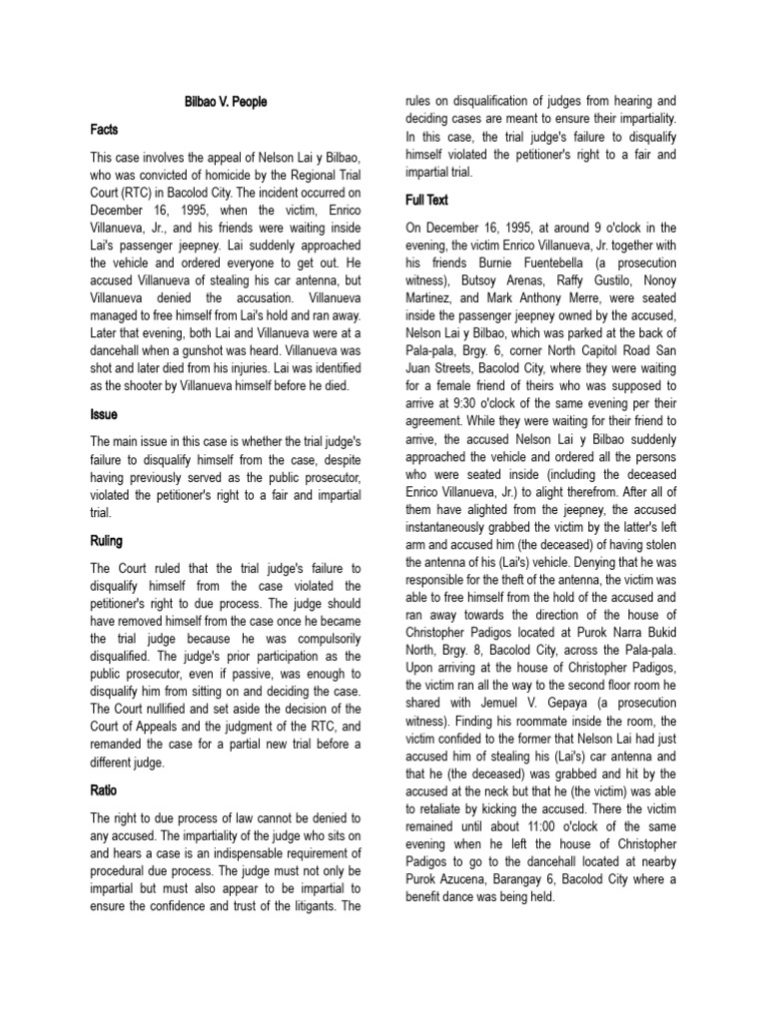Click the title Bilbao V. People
click(226, 102)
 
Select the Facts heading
click(105, 130)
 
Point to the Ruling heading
click(107, 541)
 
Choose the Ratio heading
click(104, 789)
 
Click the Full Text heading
click(425, 200)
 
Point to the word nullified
click(193, 709)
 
